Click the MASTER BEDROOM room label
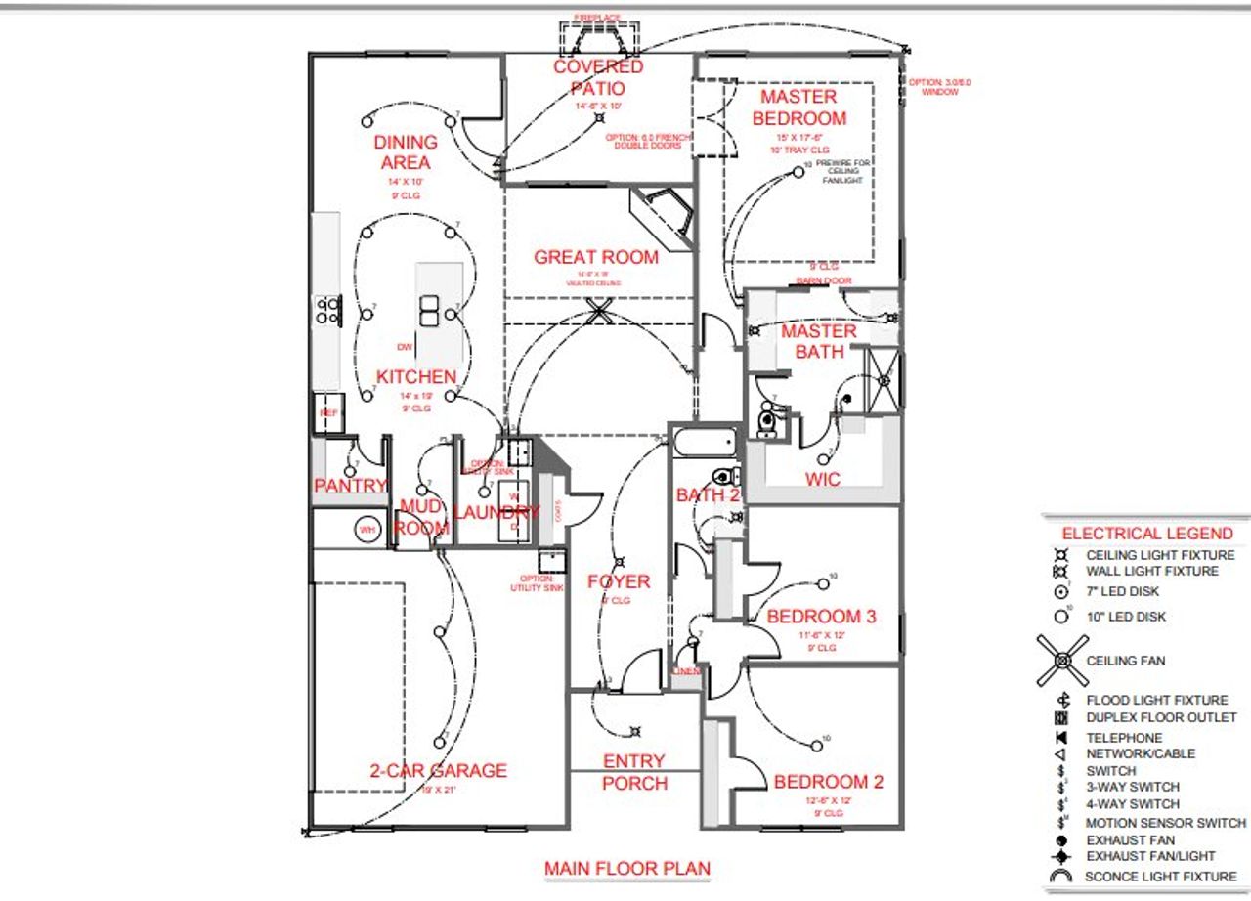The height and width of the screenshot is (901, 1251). pyautogui.click(x=798, y=107)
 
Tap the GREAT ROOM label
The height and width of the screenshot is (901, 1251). pyautogui.click(x=596, y=257)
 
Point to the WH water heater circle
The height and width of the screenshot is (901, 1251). pyautogui.click(x=367, y=531)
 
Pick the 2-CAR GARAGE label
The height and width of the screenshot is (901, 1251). pyautogui.click(x=439, y=771)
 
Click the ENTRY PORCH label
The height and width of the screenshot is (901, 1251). pyautogui.click(x=634, y=772)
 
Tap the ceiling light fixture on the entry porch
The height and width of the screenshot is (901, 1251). pyautogui.click(x=636, y=730)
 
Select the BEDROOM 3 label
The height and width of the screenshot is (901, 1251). pyautogui.click(x=821, y=617)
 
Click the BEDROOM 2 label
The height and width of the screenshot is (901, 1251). pyautogui.click(x=829, y=782)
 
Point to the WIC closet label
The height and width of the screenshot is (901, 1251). pyautogui.click(x=822, y=480)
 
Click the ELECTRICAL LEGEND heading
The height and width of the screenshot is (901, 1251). pyautogui.click(x=1147, y=534)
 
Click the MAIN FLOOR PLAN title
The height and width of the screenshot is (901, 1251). pyautogui.click(x=627, y=868)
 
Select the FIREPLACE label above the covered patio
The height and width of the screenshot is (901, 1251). pyautogui.click(x=597, y=18)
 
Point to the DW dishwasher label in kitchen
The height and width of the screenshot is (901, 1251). pyautogui.click(x=404, y=347)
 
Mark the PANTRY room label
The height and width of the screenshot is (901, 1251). pyautogui.click(x=350, y=486)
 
